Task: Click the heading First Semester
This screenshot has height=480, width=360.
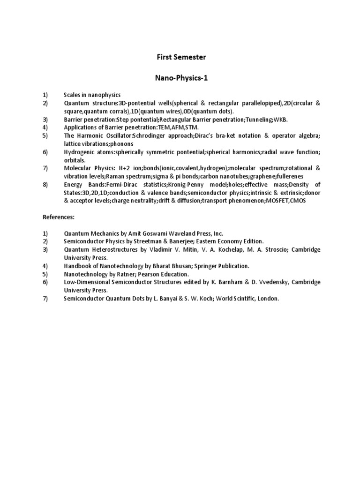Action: click(181, 58)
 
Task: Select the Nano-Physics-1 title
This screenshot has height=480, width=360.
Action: click(181, 78)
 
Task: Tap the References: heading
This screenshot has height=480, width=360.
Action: click(59, 217)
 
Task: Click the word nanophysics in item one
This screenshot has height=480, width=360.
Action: click(106, 95)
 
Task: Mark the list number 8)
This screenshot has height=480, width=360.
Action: click(45, 185)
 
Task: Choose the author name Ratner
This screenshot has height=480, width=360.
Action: click(128, 274)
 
